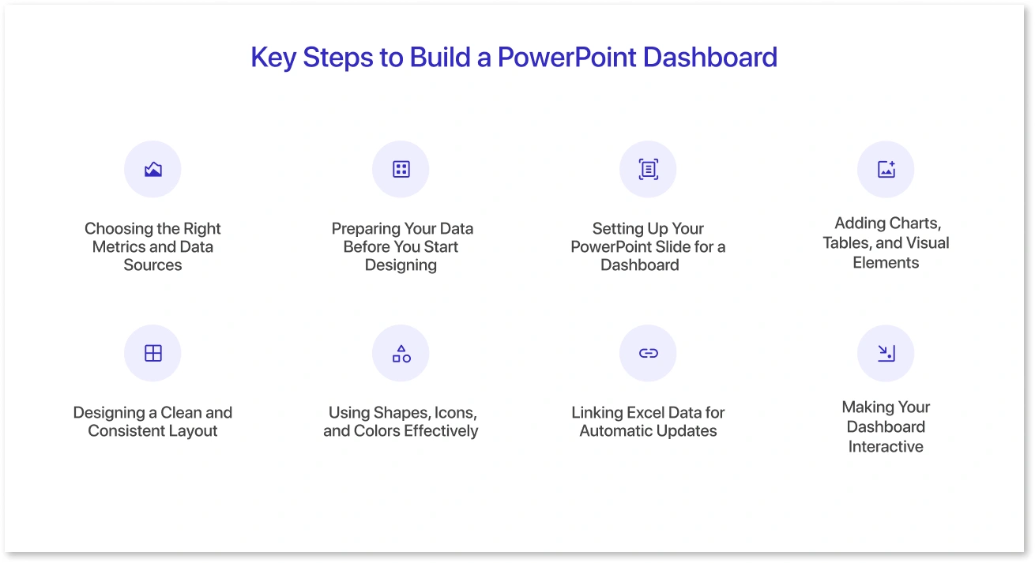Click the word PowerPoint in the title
(x=566, y=58)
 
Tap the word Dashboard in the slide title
(x=710, y=58)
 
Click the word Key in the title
(x=273, y=58)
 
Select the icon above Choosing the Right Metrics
(x=153, y=170)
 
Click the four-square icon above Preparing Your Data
(x=401, y=170)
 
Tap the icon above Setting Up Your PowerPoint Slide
(x=649, y=170)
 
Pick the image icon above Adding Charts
(x=886, y=170)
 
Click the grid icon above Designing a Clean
(x=153, y=353)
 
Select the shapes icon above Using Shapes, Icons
(x=401, y=353)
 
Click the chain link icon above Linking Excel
(x=649, y=353)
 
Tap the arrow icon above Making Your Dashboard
(x=886, y=353)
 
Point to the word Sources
(x=153, y=265)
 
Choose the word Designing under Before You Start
(x=401, y=265)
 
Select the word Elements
(x=886, y=263)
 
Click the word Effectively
(x=441, y=431)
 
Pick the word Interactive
(x=886, y=447)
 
